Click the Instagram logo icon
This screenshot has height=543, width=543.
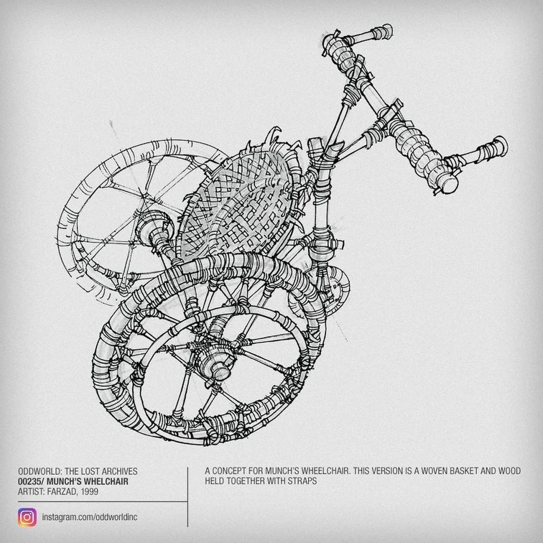(27, 517)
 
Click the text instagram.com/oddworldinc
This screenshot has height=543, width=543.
(90, 518)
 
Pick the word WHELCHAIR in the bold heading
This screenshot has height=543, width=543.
(102, 481)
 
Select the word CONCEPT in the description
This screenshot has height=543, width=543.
(233, 471)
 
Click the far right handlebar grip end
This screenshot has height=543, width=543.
(499, 144)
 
